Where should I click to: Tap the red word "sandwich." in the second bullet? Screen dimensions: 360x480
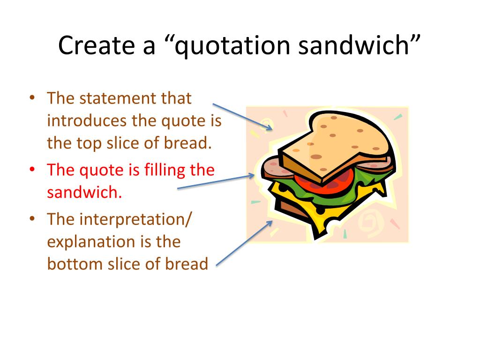point(84,192)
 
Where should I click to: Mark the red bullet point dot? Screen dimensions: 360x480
point(32,169)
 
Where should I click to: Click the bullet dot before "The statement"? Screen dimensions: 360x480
point(32,98)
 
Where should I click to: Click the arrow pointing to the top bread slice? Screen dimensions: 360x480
point(242,116)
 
